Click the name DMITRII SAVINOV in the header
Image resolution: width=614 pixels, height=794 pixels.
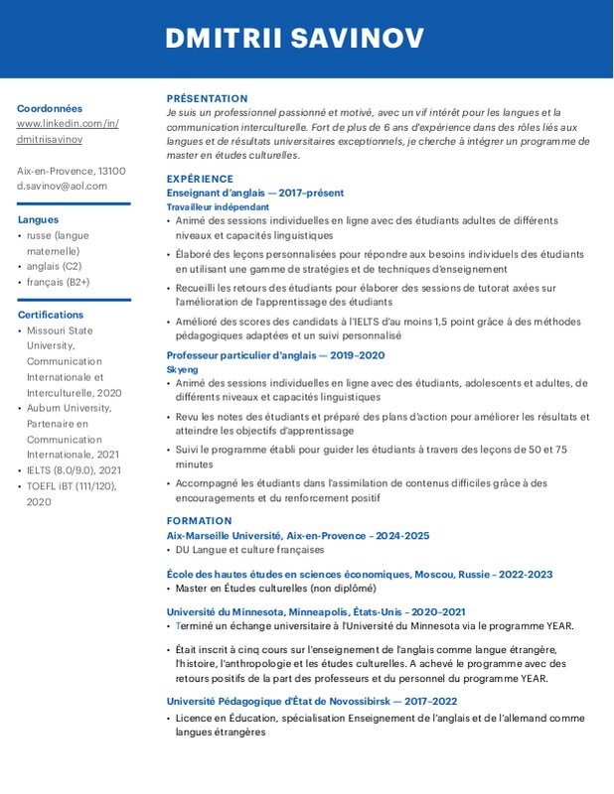pos(294,39)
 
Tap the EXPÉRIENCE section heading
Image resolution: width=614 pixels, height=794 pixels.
pos(200,179)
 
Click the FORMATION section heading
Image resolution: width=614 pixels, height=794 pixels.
pos(199,520)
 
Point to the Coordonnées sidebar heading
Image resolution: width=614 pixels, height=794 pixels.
pos(50,108)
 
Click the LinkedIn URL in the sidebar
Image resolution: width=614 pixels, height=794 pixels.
pos(68,131)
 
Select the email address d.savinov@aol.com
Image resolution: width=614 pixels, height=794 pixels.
pos(62,186)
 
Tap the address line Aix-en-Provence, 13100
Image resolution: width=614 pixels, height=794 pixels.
pos(71,171)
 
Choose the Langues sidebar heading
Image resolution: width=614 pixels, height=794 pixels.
pos(38,219)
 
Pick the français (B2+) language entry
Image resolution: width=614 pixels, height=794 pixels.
pos(59,282)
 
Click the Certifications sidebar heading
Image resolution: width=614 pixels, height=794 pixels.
pos(51,315)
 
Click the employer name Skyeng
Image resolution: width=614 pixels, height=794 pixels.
pos(182,369)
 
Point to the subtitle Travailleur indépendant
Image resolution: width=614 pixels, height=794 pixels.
pos(217,206)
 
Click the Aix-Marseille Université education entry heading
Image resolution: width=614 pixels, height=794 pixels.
pos(297,535)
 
